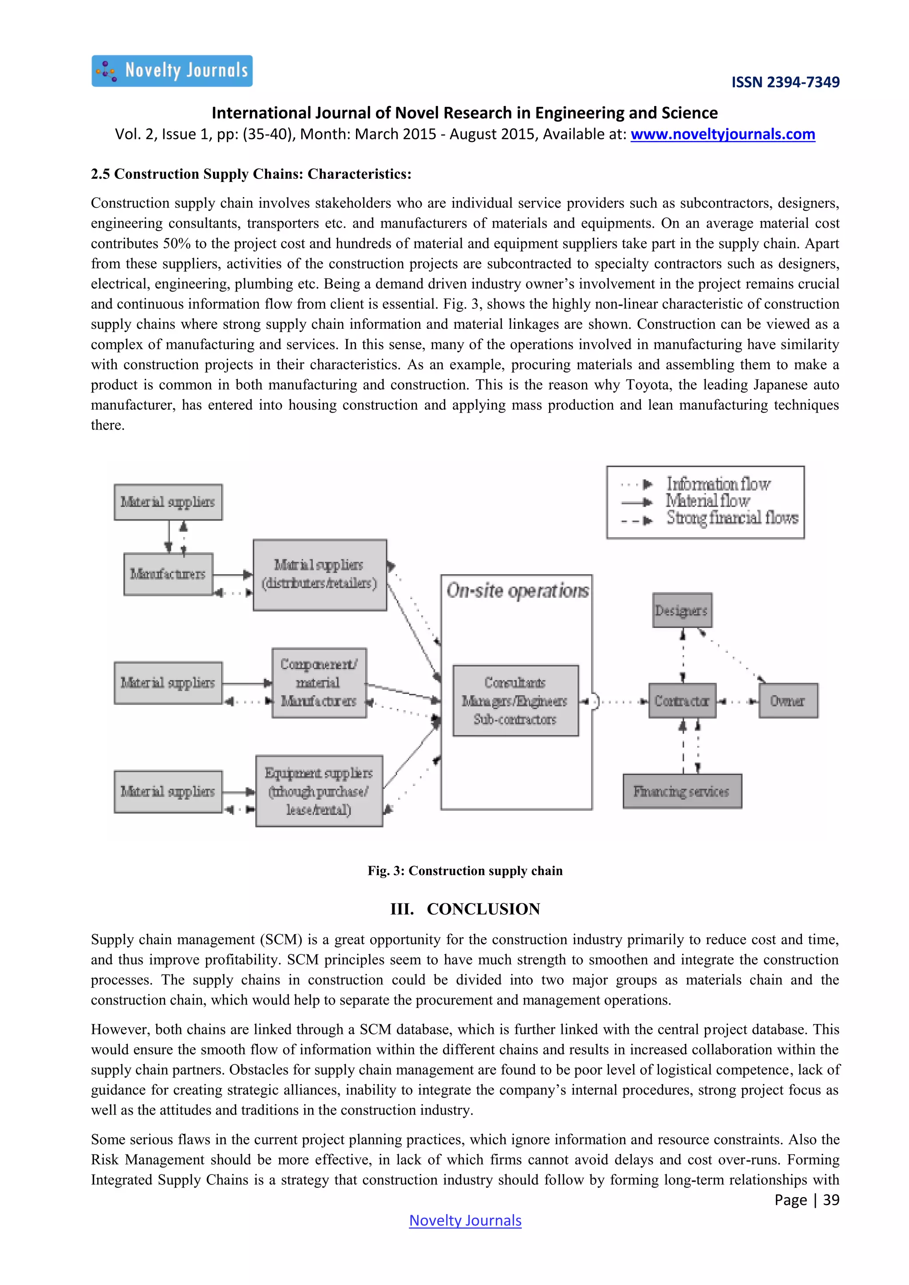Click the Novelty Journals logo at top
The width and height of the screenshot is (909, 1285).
pyautogui.click(x=172, y=71)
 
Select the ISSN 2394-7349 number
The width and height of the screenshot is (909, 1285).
pyautogui.click(x=785, y=82)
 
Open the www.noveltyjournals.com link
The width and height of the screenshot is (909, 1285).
pyautogui.click(x=722, y=134)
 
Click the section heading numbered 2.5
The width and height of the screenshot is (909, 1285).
pyautogui.click(x=251, y=174)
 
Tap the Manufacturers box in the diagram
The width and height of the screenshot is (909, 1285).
pyautogui.click(x=168, y=574)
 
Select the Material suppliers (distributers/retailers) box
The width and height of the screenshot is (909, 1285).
pyautogui.click(x=320, y=575)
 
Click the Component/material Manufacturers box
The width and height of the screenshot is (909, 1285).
pyautogui.click(x=319, y=683)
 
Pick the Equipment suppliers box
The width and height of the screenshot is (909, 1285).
pyautogui.click(x=319, y=791)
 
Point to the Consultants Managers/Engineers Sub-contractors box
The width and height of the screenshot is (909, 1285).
pyautogui.click(x=515, y=701)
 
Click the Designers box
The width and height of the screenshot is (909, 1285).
pyautogui.click(x=682, y=611)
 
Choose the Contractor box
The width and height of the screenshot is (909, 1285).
pyautogui.click(x=682, y=701)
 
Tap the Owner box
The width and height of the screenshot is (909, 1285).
pyautogui.click(x=787, y=701)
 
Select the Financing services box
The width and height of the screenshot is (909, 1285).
pyautogui.click(x=682, y=792)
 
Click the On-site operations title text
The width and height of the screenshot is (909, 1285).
pyautogui.click(x=517, y=591)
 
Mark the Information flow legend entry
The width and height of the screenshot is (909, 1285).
pyautogui.click(x=718, y=484)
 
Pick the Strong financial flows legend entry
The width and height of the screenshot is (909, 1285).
pyautogui.click(x=731, y=518)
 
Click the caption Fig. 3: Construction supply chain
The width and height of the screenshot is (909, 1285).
pyautogui.click(x=465, y=871)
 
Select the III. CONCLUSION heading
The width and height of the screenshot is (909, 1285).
pyautogui.click(x=465, y=909)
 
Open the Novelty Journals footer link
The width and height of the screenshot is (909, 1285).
pyautogui.click(x=465, y=1221)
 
